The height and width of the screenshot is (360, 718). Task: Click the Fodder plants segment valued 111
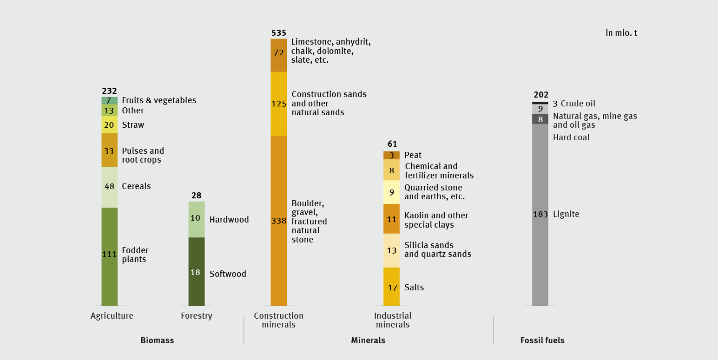tap(109, 256)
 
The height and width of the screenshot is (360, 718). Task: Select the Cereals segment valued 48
tap(109, 187)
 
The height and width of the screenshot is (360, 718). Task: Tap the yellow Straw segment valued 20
tap(109, 124)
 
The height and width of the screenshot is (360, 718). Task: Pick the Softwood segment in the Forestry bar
tap(196, 272)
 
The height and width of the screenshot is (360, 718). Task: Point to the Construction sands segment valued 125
tap(278, 104)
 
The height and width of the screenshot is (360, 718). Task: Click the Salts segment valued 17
tap(391, 287)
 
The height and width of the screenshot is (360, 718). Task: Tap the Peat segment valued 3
tap(391, 155)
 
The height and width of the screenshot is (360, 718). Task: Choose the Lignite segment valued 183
tap(540, 214)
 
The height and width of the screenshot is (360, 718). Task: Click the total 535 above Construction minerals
tap(278, 33)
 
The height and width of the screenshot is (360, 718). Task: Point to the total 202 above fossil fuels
tap(541, 95)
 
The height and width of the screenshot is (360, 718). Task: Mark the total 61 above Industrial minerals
tap(392, 144)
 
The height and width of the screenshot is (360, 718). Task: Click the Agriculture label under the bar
tap(112, 316)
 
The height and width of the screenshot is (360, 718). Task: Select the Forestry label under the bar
tap(196, 316)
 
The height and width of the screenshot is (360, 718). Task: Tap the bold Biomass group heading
tap(157, 340)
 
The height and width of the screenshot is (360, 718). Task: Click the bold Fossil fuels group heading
tap(542, 340)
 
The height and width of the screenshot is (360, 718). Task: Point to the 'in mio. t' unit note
tap(621, 33)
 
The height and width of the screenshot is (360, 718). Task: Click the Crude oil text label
tap(578, 104)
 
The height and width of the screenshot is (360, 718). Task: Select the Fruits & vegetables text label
tap(159, 100)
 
